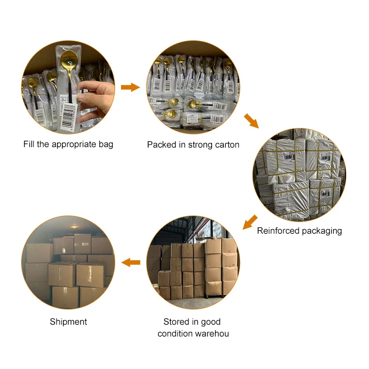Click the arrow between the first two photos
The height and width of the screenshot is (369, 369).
(130, 88)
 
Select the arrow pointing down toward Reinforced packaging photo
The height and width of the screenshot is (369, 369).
(251, 121)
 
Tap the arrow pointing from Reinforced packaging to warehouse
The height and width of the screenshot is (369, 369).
(250, 222)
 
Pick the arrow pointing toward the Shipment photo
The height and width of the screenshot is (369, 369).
(130, 262)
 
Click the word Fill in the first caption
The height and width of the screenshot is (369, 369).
(29, 144)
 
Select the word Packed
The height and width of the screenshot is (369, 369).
(160, 145)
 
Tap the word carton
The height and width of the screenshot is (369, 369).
(226, 145)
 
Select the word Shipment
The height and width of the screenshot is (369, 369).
(68, 322)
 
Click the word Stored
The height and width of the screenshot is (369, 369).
(177, 322)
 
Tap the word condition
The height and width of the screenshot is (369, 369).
(175, 334)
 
